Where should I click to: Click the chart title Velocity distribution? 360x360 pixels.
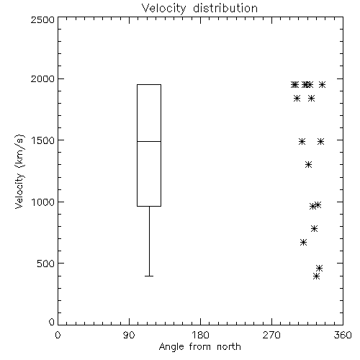[x=199, y=8]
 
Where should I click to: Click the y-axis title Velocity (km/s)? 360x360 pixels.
[x=19, y=172]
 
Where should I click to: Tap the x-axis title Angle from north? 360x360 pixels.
[x=199, y=347]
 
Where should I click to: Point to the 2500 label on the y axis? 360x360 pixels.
[x=42, y=19]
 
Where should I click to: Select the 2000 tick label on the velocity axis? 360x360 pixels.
[x=42, y=78]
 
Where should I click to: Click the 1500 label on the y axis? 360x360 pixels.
[x=43, y=140]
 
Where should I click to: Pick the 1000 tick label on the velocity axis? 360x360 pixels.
[x=43, y=202]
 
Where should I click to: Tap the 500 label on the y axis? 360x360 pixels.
[x=45, y=264]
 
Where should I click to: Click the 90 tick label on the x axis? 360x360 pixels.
[x=129, y=335]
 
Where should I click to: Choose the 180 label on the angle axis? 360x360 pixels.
[x=200, y=335]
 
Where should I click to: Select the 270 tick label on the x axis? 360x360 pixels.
[x=271, y=335]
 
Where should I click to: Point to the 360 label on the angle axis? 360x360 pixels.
[x=343, y=335]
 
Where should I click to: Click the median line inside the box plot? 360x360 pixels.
[x=149, y=141]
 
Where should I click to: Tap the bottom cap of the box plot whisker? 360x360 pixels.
[x=149, y=276]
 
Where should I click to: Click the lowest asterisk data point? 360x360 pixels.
[x=317, y=276]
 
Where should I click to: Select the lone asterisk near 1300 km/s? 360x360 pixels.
[x=308, y=165]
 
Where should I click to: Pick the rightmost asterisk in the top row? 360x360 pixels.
[x=322, y=84]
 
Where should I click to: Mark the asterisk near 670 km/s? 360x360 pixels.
[x=303, y=243]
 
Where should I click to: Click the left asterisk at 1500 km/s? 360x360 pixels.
[x=302, y=141]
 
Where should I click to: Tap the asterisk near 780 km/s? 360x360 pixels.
[x=314, y=228]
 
